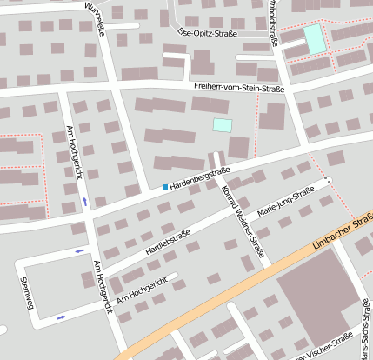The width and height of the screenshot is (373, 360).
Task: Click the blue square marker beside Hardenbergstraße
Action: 165,187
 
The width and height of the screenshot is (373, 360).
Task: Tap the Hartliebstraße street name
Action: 169,243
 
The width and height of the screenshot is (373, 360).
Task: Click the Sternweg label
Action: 27,294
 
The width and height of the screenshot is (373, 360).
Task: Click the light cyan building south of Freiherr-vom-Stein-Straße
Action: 223,125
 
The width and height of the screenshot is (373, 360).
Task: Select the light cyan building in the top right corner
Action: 314,37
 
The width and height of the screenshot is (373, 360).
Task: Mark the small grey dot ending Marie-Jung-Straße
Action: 328,180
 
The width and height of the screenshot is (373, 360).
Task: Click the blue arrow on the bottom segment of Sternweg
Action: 60,317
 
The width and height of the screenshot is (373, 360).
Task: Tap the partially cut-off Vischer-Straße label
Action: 326,349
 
